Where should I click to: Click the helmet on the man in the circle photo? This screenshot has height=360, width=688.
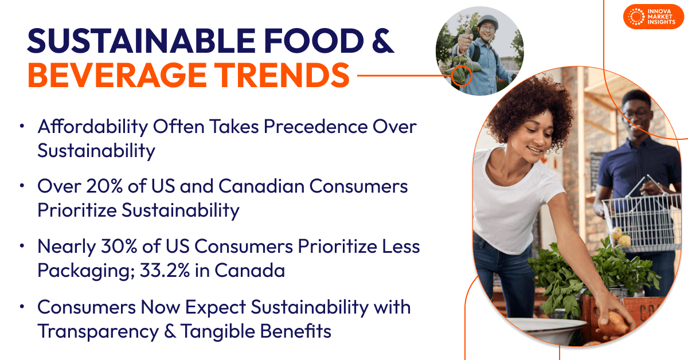(487, 20)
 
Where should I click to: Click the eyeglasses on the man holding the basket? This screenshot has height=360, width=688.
(636, 113)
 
